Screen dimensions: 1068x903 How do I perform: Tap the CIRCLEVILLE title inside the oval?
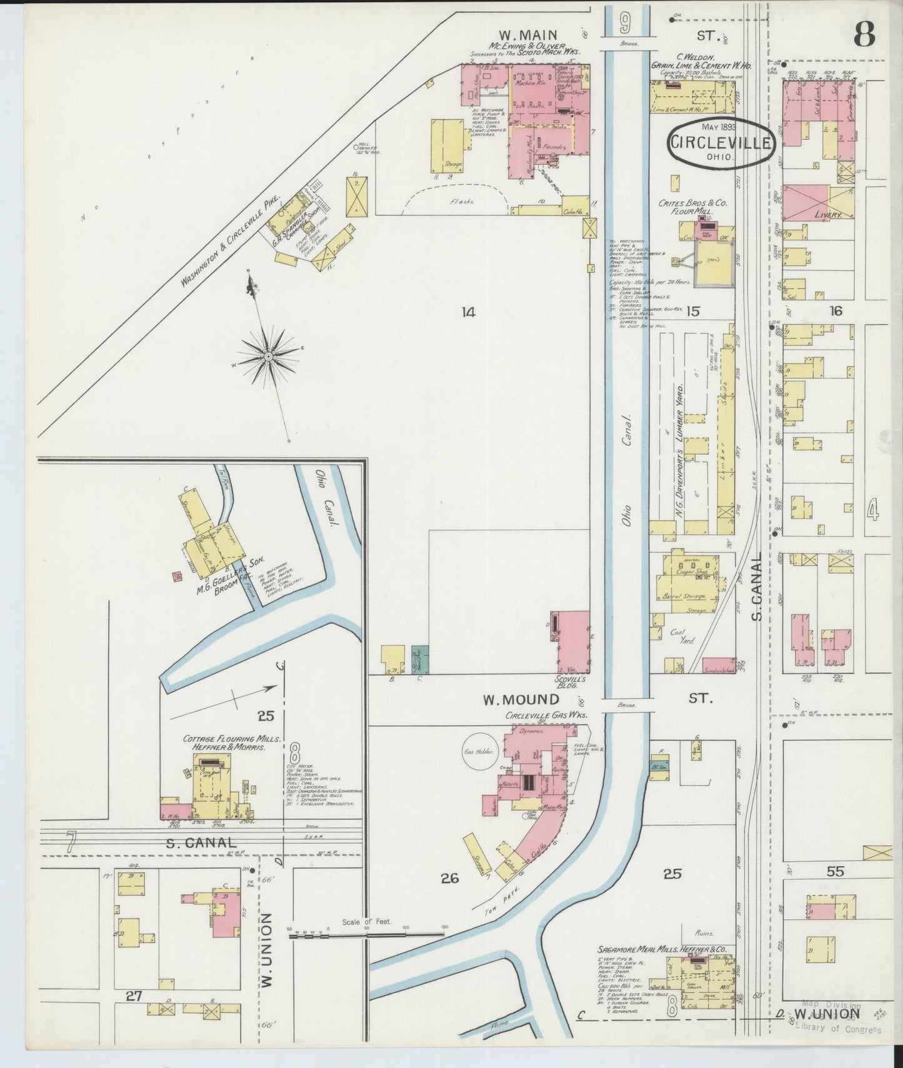pos(719,142)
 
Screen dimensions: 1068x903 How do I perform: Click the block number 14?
pos(468,312)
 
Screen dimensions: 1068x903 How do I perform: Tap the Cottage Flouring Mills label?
pos(232,743)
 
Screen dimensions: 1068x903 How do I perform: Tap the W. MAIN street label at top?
pos(527,34)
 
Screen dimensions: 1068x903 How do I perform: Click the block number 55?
pos(835,871)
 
